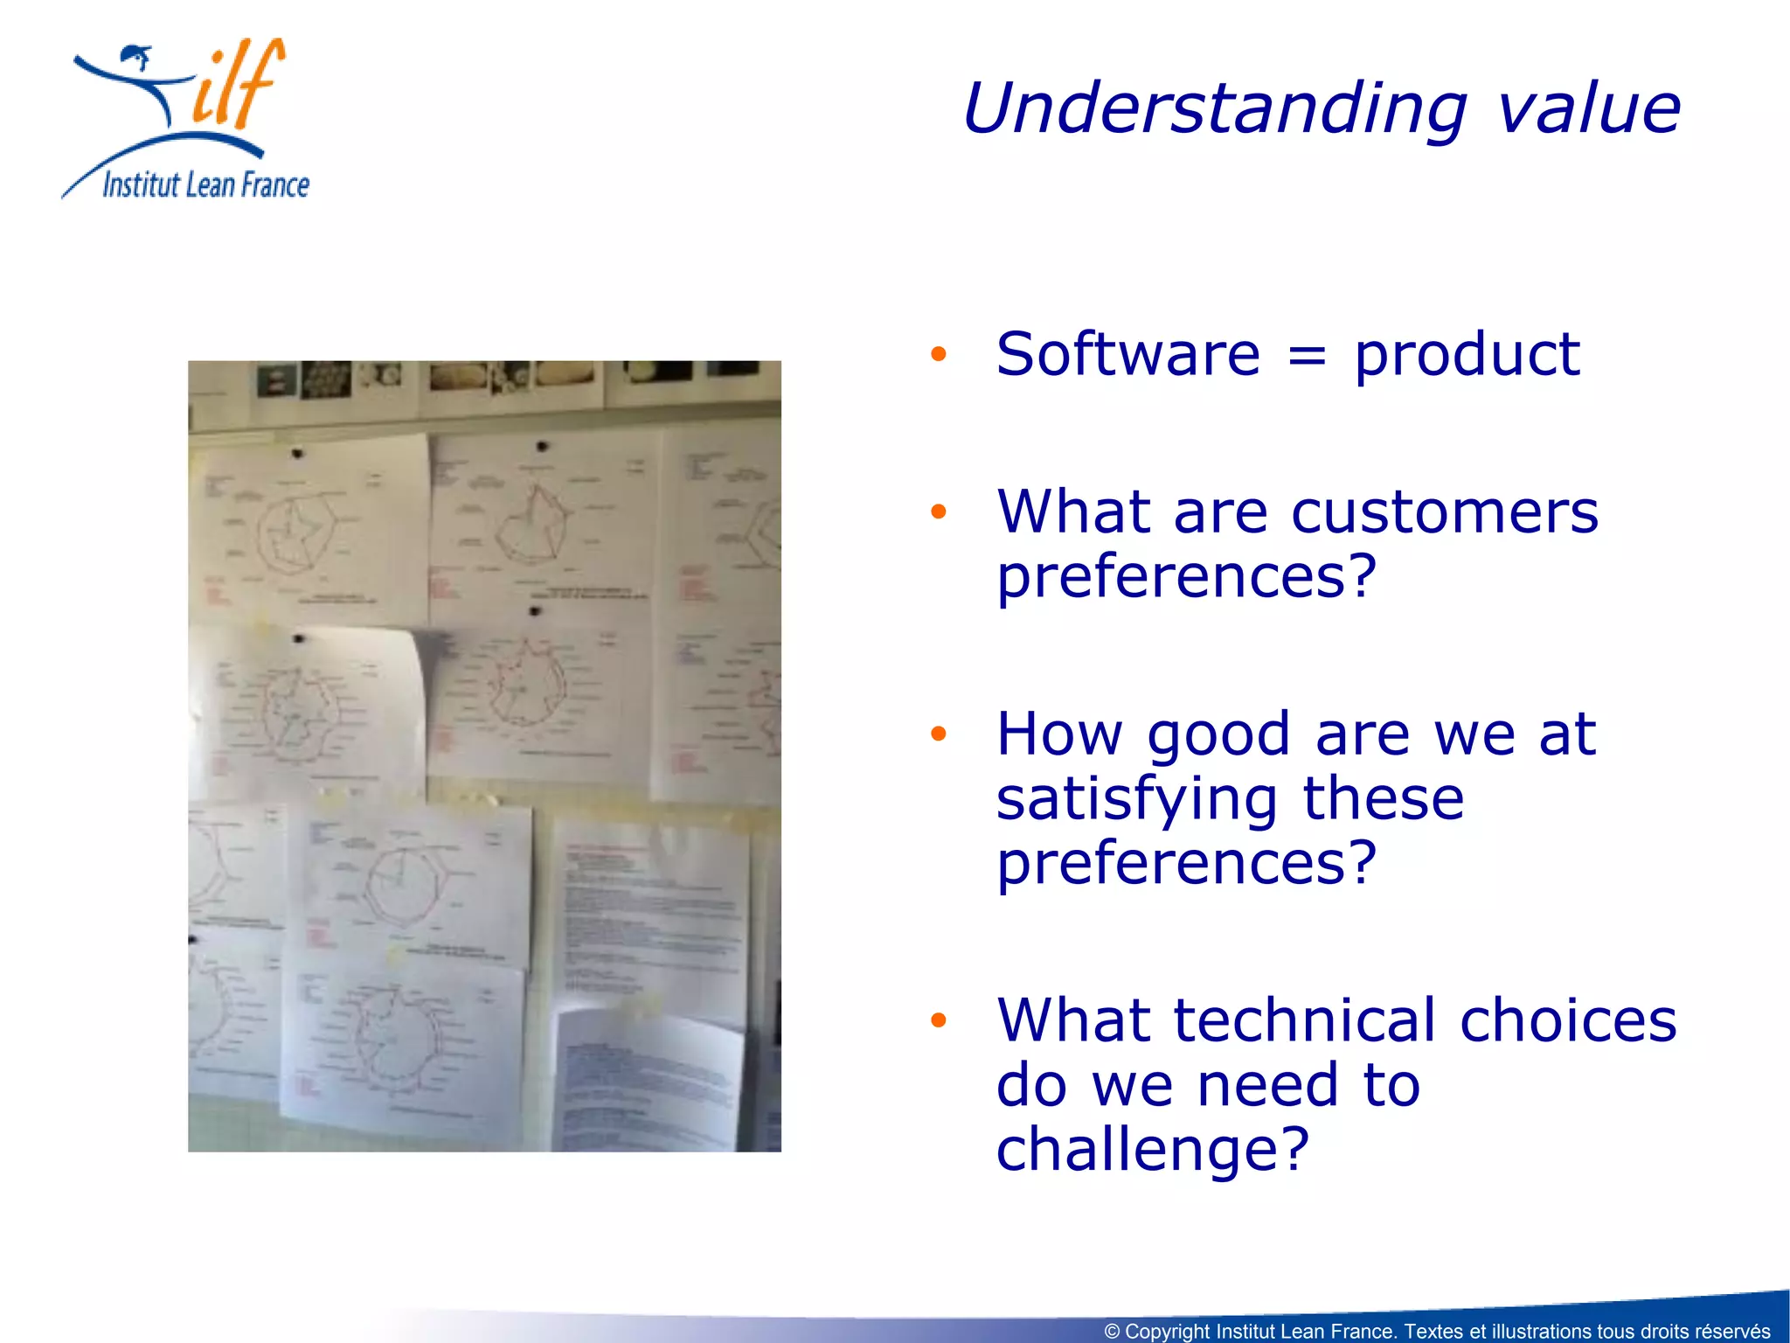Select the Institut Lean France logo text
[206, 185]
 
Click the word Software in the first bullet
[1127, 355]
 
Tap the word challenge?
[1152, 1149]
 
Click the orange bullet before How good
[939, 734]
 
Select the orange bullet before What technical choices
[939, 1020]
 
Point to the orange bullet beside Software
[939, 354]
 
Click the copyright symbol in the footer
[1112, 1332]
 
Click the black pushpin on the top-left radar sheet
[297, 454]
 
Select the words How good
[1143, 734]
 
